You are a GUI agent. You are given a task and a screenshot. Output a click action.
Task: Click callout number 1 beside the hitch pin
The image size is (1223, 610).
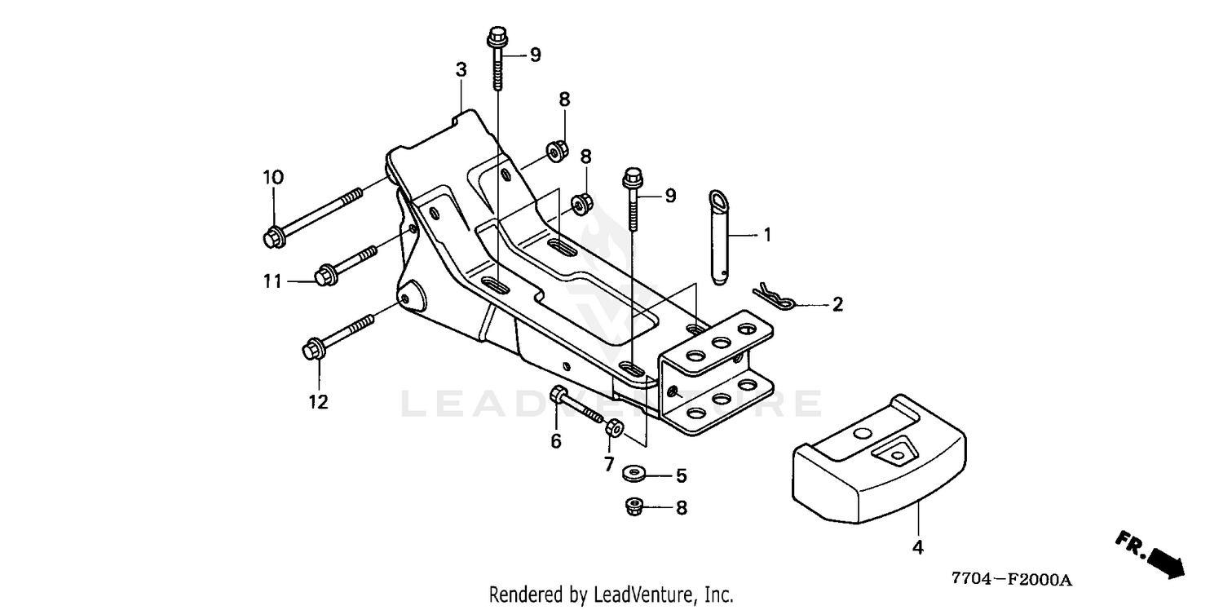click(x=767, y=235)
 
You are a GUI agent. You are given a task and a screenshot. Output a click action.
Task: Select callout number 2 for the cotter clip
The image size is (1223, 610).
click(x=837, y=304)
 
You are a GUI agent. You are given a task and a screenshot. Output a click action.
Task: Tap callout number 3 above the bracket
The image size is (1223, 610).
click(x=461, y=70)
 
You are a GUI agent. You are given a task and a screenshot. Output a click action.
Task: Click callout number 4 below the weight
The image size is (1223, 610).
click(x=918, y=547)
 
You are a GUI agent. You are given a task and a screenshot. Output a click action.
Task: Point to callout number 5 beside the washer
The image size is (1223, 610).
click(x=682, y=475)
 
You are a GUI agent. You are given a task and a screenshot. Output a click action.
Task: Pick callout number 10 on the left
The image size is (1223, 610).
click(x=273, y=178)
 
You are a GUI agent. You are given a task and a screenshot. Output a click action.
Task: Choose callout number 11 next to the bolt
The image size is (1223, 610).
click(x=272, y=281)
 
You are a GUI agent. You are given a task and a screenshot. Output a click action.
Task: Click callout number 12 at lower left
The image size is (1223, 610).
click(x=318, y=402)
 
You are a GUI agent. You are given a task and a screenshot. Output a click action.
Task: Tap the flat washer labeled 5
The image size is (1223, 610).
click(x=634, y=473)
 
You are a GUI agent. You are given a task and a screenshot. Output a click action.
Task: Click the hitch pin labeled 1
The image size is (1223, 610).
click(x=720, y=237)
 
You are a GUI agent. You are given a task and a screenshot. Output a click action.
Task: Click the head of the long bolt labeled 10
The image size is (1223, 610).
click(x=275, y=239)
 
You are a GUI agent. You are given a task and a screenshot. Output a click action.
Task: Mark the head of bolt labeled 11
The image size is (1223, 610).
click(x=326, y=274)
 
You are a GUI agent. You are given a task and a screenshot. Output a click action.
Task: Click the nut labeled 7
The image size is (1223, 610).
click(x=614, y=427)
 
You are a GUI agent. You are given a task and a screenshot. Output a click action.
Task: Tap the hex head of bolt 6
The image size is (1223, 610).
click(x=558, y=394)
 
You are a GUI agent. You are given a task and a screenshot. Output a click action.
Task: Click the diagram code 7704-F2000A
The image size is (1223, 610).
click(x=1012, y=579)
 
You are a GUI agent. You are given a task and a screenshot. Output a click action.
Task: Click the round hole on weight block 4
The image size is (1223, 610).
click(x=863, y=434)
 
